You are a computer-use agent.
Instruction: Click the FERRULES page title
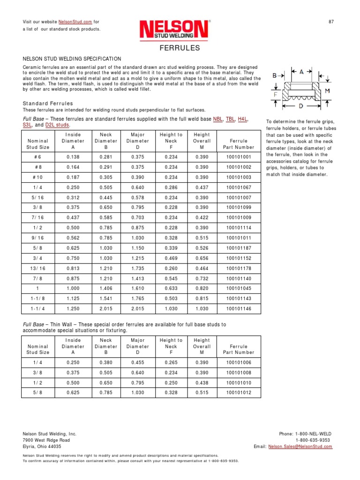180,48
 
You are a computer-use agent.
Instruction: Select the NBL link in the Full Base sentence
217,120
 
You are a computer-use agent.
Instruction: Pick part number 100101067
239,187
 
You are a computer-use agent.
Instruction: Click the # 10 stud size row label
38,177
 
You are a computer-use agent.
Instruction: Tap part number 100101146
239,309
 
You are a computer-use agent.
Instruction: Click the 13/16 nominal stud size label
38,268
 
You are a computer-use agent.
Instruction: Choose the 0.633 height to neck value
171,288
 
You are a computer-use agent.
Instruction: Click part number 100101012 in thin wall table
239,392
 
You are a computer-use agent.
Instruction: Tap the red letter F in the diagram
277,94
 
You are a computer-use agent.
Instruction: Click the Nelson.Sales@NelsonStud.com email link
300,447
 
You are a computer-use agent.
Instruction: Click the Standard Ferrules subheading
48,103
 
